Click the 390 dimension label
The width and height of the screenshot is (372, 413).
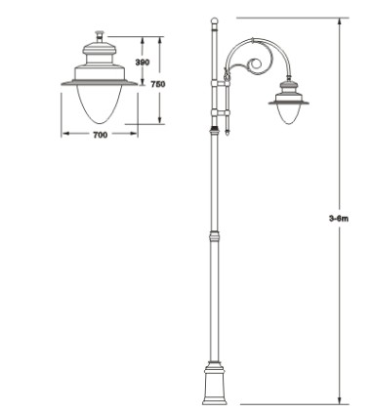(143, 62)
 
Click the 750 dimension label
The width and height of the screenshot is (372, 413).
(158, 84)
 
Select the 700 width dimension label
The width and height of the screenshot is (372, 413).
(101, 135)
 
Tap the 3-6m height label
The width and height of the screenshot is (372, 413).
(339, 219)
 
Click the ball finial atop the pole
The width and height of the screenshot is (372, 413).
(214, 21)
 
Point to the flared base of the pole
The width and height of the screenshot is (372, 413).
(214, 384)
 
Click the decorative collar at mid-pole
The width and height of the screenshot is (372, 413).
(214, 235)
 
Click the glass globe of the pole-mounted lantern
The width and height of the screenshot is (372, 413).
(288, 114)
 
